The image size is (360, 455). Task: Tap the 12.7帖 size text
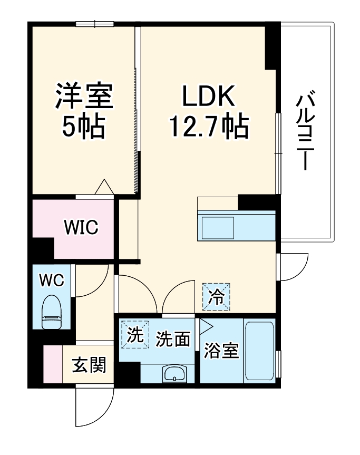tap(209, 127)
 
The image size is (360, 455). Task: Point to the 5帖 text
tap(84, 127)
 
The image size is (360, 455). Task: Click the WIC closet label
tap(81, 228)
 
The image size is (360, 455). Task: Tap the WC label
tap(52, 280)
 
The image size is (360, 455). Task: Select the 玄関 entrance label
tap(89, 364)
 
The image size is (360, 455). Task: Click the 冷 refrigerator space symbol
tap(217, 296)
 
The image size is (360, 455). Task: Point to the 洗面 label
tap(173, 339)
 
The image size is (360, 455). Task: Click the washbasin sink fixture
tap(173, 374)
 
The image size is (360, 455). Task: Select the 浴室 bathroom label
tap(221, 351)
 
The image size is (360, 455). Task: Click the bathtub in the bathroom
tap(259, 351)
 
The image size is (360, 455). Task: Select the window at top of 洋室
tap(95, 23)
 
